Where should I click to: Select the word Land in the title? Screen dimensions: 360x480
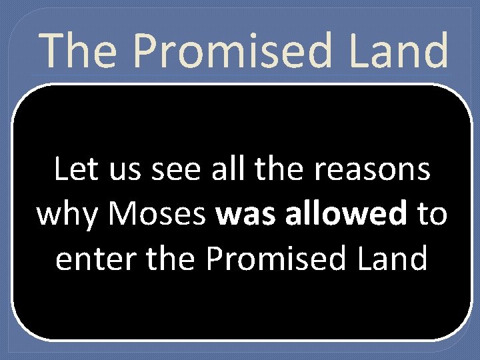(x=406, y=51)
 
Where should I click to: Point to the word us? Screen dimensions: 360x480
(x=126, y=171)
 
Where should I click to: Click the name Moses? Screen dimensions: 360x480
(x=157, y=214)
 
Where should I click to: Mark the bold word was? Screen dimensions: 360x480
(x=242, y=215)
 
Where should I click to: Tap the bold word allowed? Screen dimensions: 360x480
(x=339, y=214)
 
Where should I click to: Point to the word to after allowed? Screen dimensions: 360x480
(x=431, y=215)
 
